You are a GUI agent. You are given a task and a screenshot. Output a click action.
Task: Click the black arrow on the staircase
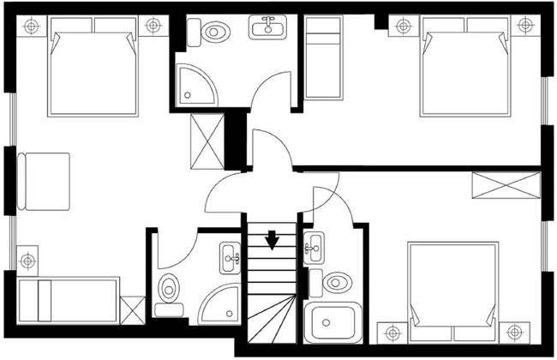pyautogui.click(x=272, y=239)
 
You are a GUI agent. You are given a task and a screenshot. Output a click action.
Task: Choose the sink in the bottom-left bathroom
pyautogui.click(x=231, y=255)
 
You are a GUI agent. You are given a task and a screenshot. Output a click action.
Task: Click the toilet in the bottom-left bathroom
pyautogui.click(x=169, y=290)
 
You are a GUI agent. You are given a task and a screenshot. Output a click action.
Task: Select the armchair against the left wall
pyautogui.click(x=45, y=181)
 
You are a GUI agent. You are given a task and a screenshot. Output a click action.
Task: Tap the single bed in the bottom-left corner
pyautogui.click(x=69, y=299)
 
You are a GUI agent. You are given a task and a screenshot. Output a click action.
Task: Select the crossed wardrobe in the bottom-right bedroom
pyautogui.click(x=506, y=186)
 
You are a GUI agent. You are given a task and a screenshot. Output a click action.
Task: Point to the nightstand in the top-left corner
pyautogui.click(x=31, y=26)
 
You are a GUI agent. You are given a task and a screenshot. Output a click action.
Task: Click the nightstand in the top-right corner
pyautogui.click(x=525, y=26)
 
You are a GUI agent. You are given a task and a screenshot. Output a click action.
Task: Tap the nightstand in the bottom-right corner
pyautogui.click(x=514, y=333)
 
